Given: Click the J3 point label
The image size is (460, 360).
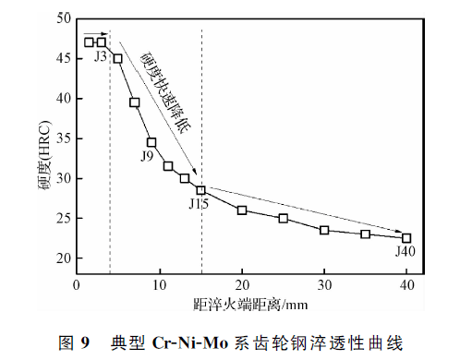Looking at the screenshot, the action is (101, 56).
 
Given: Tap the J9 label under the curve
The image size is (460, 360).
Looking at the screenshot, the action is (147, 157).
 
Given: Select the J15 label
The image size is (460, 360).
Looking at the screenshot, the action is (199, 204).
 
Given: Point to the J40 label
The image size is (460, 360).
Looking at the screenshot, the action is (406, 252).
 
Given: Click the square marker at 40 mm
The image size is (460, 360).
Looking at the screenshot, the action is (406, 238).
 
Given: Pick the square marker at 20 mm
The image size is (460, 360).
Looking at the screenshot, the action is (242, 210).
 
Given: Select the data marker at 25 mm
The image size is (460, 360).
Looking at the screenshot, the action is (284, 219).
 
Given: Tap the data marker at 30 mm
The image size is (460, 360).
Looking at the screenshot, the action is (324, 230).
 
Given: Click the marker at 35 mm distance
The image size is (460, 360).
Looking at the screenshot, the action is (366, 234).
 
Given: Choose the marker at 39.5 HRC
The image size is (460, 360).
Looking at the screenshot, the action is (135, 102).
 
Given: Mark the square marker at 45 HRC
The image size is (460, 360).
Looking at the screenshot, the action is (118, 58).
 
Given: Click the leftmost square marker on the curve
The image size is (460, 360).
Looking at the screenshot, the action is (89, 42).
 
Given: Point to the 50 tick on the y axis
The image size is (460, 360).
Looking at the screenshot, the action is (64, 18).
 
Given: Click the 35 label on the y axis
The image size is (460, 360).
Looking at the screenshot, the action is (64, 138).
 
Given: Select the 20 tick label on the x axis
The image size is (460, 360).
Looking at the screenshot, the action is (242, 285).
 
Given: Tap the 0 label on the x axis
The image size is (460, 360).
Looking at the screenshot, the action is (77, 285).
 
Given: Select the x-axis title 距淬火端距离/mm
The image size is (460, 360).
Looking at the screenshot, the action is (250, 305).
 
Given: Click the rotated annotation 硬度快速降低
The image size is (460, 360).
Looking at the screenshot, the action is (165, 92).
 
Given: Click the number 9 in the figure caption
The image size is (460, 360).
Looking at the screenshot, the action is (85, 342).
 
